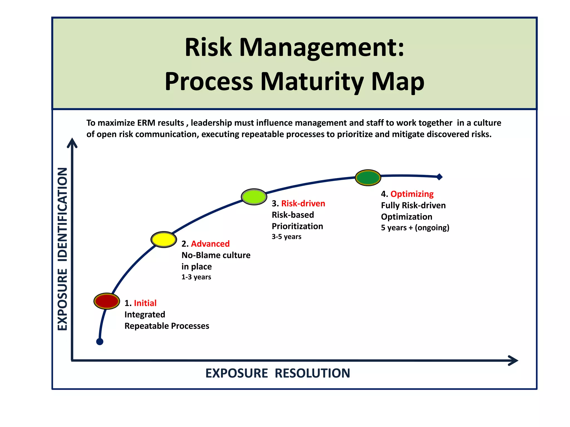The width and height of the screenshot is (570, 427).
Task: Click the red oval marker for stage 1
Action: coord(107,301)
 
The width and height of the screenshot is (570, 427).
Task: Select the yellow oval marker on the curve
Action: coord(164,239)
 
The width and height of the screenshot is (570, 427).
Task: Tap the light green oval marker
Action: coord(254,197)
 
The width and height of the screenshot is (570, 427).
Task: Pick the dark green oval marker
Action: coord(368,178)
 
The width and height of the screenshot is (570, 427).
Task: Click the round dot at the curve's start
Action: coord(100,342)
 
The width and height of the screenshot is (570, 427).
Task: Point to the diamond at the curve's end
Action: coord(439,177)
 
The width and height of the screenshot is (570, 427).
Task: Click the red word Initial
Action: coord(145,303)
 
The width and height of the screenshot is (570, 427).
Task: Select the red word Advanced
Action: coord(210,244)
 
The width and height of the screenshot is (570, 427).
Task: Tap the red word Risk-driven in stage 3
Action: coord(303,203)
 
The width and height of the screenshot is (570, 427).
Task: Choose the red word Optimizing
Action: coord(412,194)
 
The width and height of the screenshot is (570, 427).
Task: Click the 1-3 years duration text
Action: coord(196,277)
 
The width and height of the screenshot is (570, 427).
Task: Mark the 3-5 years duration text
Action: coord(286,237)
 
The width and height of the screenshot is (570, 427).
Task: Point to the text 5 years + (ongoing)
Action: coord(415,228)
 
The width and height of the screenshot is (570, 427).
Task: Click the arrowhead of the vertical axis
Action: coord(72,142)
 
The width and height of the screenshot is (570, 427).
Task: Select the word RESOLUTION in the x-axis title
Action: coord(312,373)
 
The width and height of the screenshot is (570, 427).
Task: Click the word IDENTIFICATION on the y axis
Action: coord(63,214)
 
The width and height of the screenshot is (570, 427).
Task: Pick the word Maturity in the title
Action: coord(312,81)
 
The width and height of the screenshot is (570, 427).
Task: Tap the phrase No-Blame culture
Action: coord(216,255)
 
